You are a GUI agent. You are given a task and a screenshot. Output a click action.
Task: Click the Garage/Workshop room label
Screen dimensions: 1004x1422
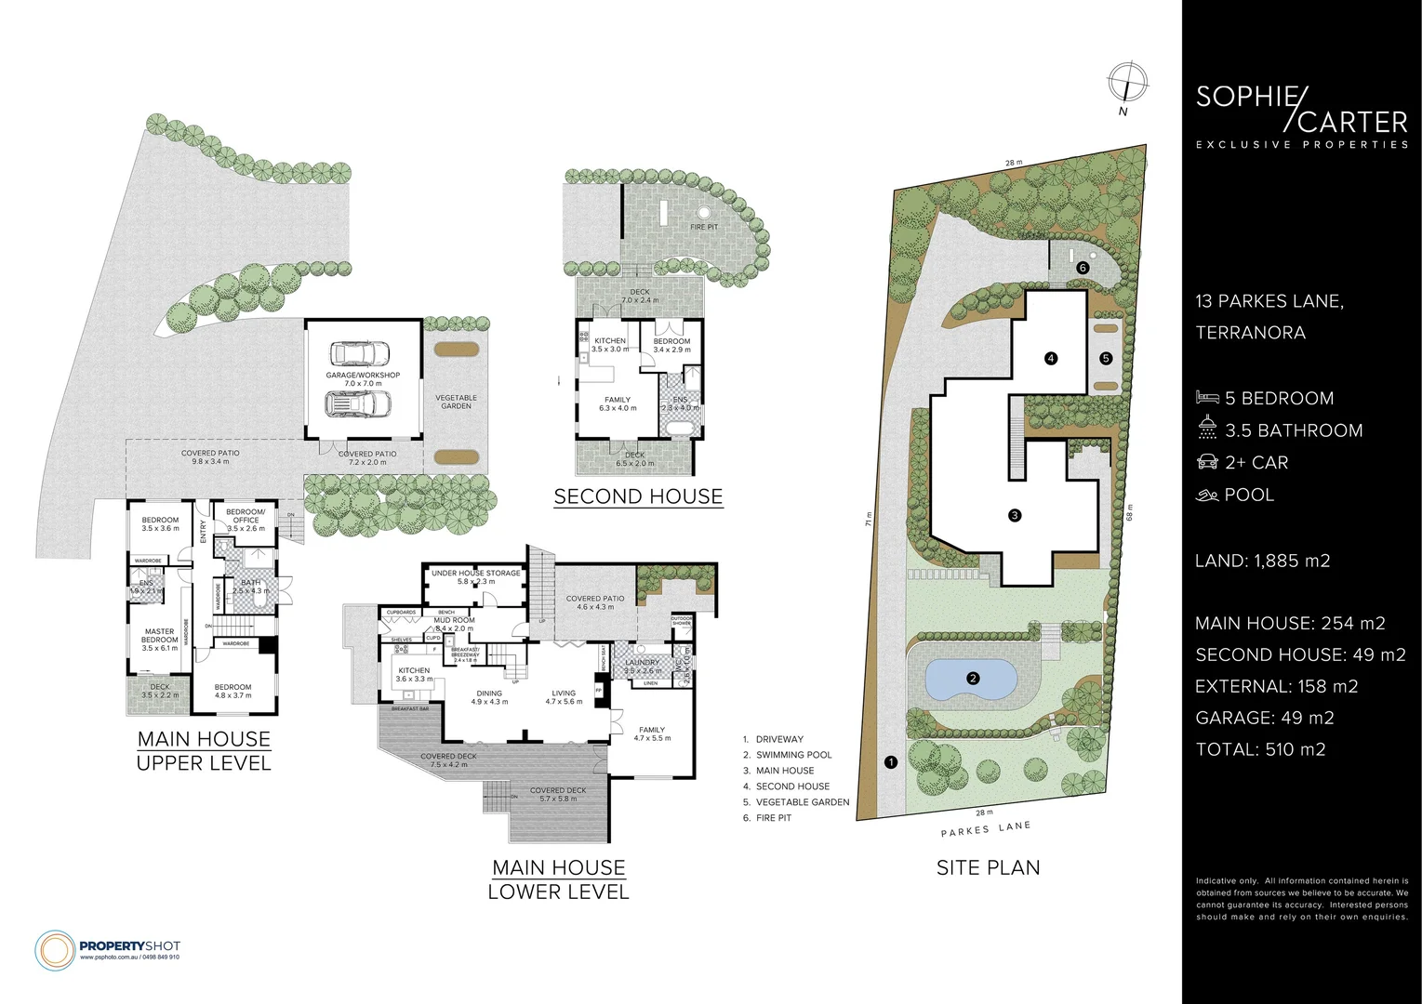click(x=364, y=378)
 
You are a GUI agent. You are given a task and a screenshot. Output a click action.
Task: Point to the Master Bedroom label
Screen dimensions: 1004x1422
click(x=159, y=635)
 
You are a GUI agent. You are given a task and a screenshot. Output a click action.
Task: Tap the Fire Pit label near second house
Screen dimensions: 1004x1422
click(x=703, y=227)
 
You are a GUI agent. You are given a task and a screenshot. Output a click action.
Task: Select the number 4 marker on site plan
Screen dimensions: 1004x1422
click(x=1051, y=358)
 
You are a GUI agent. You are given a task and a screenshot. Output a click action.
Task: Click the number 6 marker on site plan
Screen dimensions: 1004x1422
click(x=1082, y=268)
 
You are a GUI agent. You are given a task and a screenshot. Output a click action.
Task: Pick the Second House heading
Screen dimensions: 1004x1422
click(x=638, y=496)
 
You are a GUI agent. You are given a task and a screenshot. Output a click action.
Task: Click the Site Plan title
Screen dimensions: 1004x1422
click(x=988, y=867)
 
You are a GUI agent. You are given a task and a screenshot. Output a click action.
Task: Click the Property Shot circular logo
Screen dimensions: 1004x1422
click(x=54, y=949)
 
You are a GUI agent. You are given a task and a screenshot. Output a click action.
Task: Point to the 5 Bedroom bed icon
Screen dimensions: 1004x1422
click(x=1207, y=398)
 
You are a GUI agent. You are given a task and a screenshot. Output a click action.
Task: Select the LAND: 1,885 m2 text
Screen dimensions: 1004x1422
click(x=1262, y=561)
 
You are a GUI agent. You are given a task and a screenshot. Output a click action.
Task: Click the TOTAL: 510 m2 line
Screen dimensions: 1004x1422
click(x=1260, y=749)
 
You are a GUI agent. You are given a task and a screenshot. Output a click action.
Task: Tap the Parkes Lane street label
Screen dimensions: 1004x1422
click(x=985, y=829)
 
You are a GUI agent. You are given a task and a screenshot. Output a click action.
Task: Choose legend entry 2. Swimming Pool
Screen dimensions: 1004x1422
click(x=793, y=755)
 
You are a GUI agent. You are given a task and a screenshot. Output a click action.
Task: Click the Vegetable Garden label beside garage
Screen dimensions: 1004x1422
click(x=456, y=402)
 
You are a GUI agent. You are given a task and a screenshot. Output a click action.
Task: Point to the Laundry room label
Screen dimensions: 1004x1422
click(x=642, y=663)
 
